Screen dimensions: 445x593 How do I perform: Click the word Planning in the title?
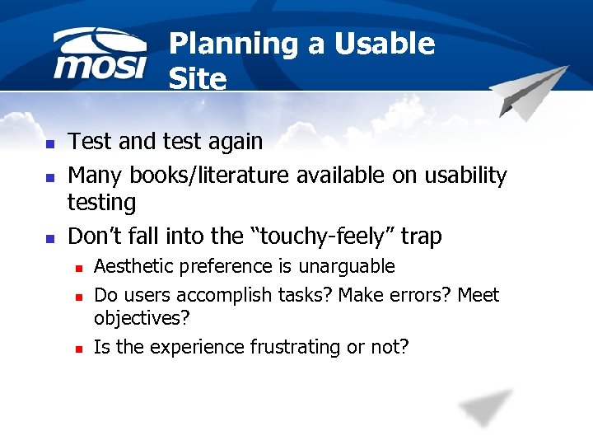pos(233,44)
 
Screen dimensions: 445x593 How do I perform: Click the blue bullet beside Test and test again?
pos(49,143)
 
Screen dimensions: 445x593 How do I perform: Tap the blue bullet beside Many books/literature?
pos(49,177)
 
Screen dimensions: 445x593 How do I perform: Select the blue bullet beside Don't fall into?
pos(49,239)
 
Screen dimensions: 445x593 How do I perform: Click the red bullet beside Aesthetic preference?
pos(78,268)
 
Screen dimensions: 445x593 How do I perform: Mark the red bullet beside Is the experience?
pos(78,349)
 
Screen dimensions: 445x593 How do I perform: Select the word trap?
pos(421,237)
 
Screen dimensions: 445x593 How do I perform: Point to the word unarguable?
pos(347,267)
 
